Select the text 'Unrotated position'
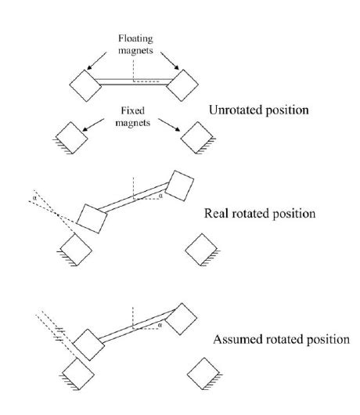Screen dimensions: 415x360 coord(261,110)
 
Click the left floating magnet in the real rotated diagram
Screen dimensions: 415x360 coord(91,217)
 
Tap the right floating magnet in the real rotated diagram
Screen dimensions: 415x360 coord(180,186)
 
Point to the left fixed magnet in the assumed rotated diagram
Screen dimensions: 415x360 coord(77,375)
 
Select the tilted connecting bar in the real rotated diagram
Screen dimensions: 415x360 coord(135,201)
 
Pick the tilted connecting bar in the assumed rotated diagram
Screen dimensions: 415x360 coord(135,328)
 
